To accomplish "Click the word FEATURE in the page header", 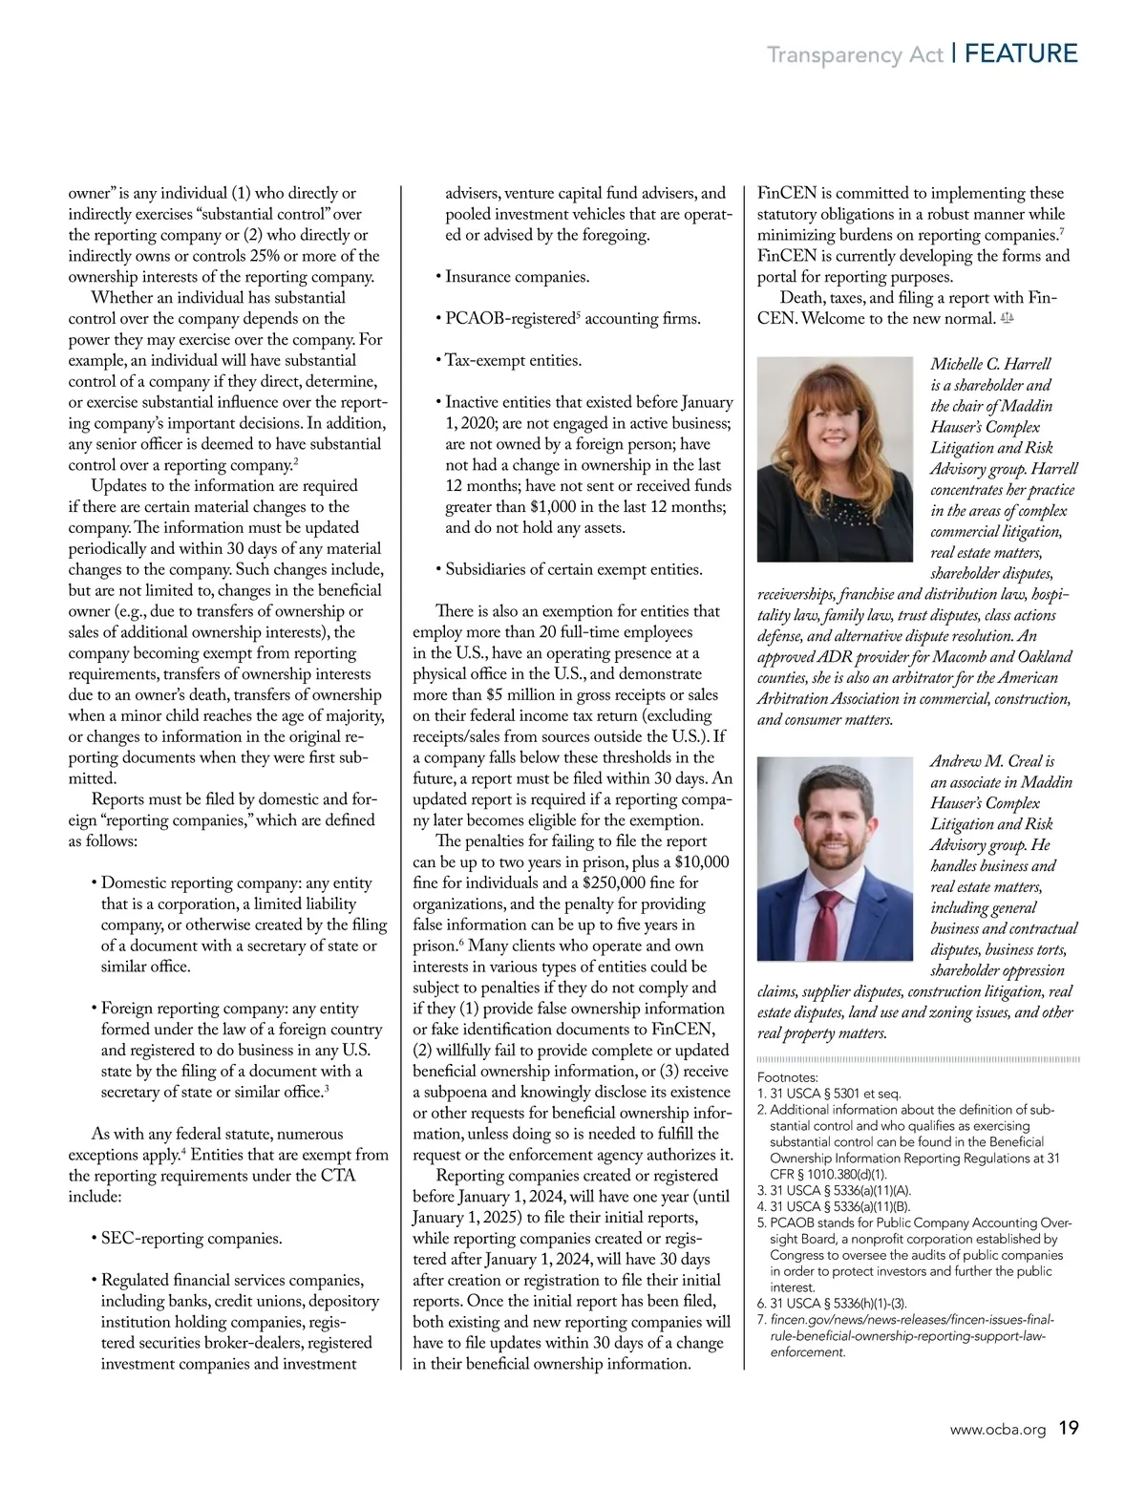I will pyautogui.click(x=1021, y=53).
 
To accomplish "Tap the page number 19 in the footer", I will pyautogui.click(x=1069, y=1429).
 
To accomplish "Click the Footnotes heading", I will pyautogui.click(x=788, y=1076).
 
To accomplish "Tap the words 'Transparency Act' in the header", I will pyautogui.click(x=855, y=55).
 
